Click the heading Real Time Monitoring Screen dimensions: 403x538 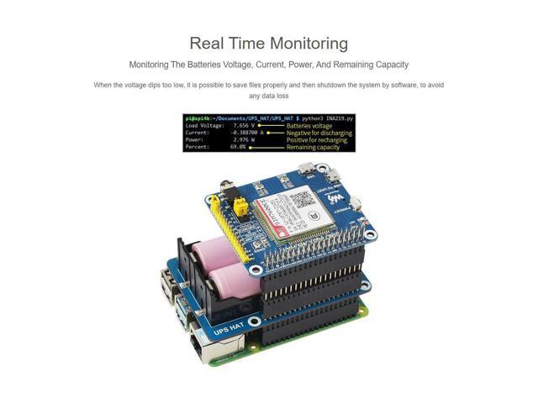point(268,44)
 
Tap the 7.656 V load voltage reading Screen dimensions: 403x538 point(244,125)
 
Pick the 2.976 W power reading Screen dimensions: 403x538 point(244,139)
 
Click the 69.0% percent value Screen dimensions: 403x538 point(238,147)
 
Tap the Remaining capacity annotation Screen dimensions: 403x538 point(313,147)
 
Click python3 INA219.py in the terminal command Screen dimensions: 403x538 point(329,118)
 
